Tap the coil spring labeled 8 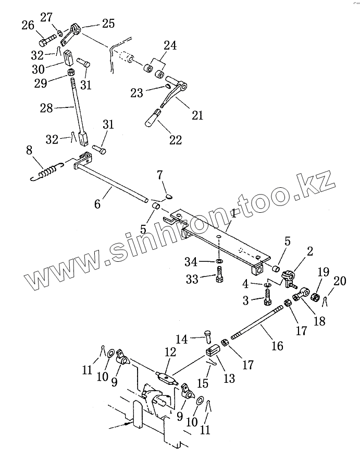pyautogui.click(x=47, y=171)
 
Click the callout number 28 pyautogui.click(x=46, y=108)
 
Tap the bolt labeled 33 pyautogui.click(x=220, y=273)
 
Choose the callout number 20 pyautogui.click(x=340, y=281)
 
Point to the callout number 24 pyautogui.click(x=169, y=46)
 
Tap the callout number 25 pyautogui.click(x=108, y=24)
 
